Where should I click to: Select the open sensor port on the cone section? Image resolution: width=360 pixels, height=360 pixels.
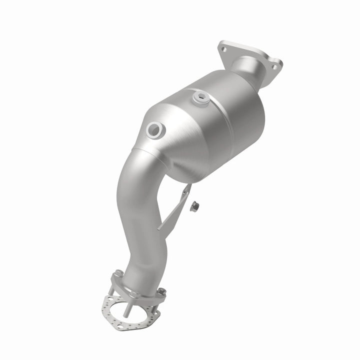click(155, 130)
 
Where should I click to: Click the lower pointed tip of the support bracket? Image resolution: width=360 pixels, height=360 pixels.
click(159, 229)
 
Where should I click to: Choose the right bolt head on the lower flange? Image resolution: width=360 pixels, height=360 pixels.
click(161, 289)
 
